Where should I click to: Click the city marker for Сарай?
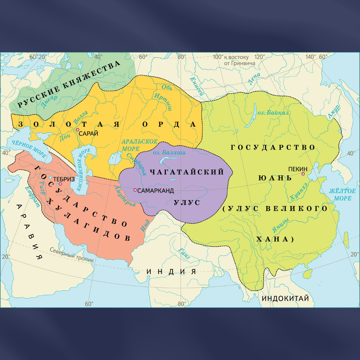77,130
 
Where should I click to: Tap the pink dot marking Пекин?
303,174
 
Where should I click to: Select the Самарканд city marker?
135,190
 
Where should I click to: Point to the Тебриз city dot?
60,184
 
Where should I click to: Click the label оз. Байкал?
273,113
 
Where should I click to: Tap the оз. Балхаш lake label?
169,152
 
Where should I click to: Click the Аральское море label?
135,145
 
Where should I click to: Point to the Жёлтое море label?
342,194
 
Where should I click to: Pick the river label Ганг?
184,254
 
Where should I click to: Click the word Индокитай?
285,298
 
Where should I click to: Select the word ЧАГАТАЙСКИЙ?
187,172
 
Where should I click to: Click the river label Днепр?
49,99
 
